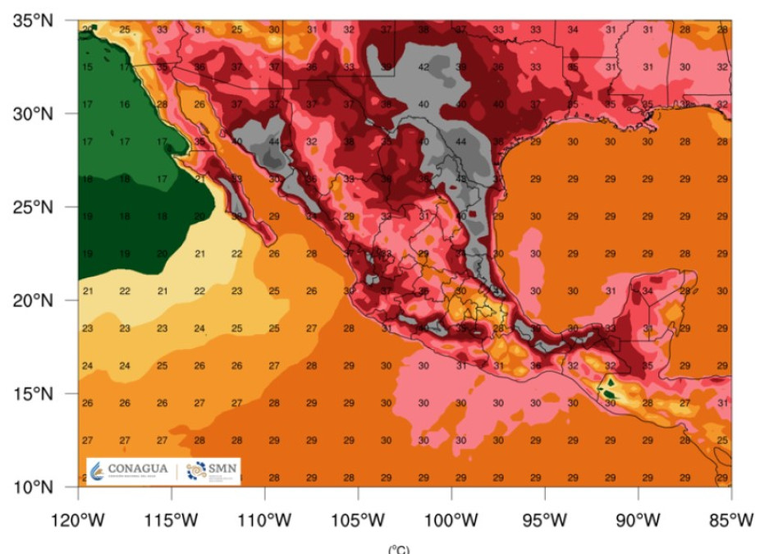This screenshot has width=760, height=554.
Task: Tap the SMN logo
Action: point(210,470)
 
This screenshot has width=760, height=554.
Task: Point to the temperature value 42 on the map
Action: point(423,67)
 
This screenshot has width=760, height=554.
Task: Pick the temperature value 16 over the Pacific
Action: point(125,104)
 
